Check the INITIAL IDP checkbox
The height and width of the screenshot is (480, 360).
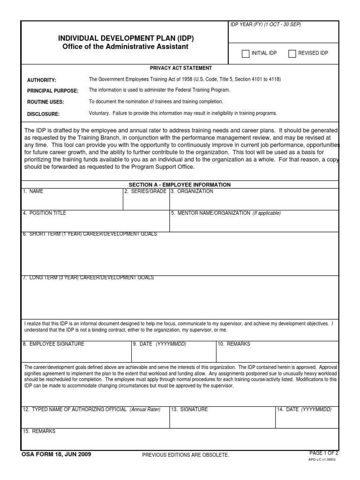tap(246, 53)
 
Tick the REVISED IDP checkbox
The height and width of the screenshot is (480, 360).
tap(292, 53)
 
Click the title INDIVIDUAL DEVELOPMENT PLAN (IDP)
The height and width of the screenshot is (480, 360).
tap(125, 38)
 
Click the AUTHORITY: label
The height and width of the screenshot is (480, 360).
tap(42, 80)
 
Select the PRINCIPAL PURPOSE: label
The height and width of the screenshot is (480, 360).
tap(52, 91)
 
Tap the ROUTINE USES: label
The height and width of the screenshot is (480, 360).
tap(45, 102)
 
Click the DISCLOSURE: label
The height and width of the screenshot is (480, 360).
tap(43, 114)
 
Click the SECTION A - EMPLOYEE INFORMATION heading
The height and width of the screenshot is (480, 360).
tap(180, 185)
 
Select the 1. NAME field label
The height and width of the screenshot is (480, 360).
tap(33, 192)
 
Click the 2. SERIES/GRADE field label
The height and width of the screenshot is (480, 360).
tap(145, 192)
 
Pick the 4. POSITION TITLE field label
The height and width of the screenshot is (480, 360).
tap(45, 213)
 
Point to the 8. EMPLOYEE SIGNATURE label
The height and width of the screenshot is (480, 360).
tap(53, 344)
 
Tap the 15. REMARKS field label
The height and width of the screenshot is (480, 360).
tap(39, 431)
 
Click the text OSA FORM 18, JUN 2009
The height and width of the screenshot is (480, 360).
tap(56, 454)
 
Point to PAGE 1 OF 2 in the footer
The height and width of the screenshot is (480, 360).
tap(323, 453)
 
